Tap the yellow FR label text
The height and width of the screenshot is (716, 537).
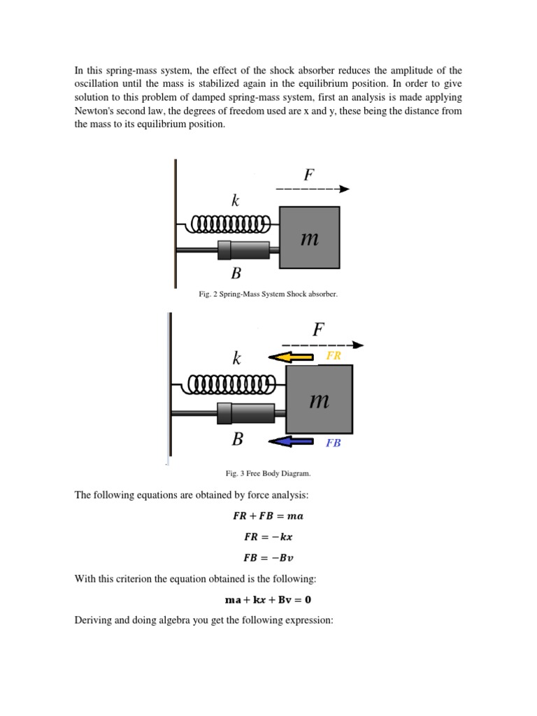pos(334,356)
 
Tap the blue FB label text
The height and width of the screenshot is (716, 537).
pos(334,443)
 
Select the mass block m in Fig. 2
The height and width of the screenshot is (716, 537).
pos(309,238)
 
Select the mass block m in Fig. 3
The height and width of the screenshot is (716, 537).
pos(319,401)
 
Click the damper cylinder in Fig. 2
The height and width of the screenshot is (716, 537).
pos(244,250)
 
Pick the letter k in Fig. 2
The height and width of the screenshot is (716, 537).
pos(236,201)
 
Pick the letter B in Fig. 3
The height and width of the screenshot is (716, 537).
pos(238,440)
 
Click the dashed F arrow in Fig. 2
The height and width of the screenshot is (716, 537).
pos(312,189)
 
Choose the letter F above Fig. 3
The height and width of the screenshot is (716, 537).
pos(318,330)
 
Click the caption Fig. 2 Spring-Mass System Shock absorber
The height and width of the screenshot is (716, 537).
pos(268,294)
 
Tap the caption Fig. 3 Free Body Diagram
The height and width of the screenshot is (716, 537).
pos(268,473)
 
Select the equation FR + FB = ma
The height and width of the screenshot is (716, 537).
pos(268,517)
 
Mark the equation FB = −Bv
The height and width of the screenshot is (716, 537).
pos(268,559)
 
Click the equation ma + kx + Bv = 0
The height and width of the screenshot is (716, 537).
pos(268,599)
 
